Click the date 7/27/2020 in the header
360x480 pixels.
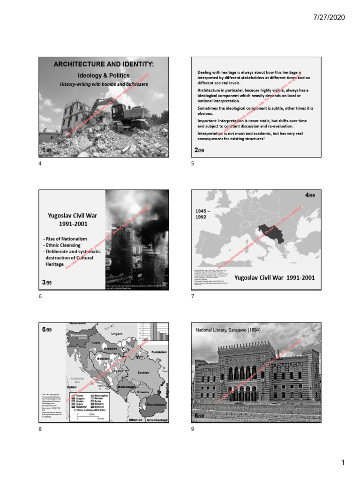pyautogui.click(x=329, y=17)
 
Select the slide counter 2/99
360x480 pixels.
pyautogui.click(x=199, y=150)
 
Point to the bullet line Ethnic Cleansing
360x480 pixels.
pyautogui.click(x=61, y=245)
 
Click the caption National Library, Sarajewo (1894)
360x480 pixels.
pyautogui.click(x=228, y=330)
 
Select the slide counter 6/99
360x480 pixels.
pyautogui.click(x=199, y=416)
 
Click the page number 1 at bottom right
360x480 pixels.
pyautogui.click(x=343, y=463)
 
